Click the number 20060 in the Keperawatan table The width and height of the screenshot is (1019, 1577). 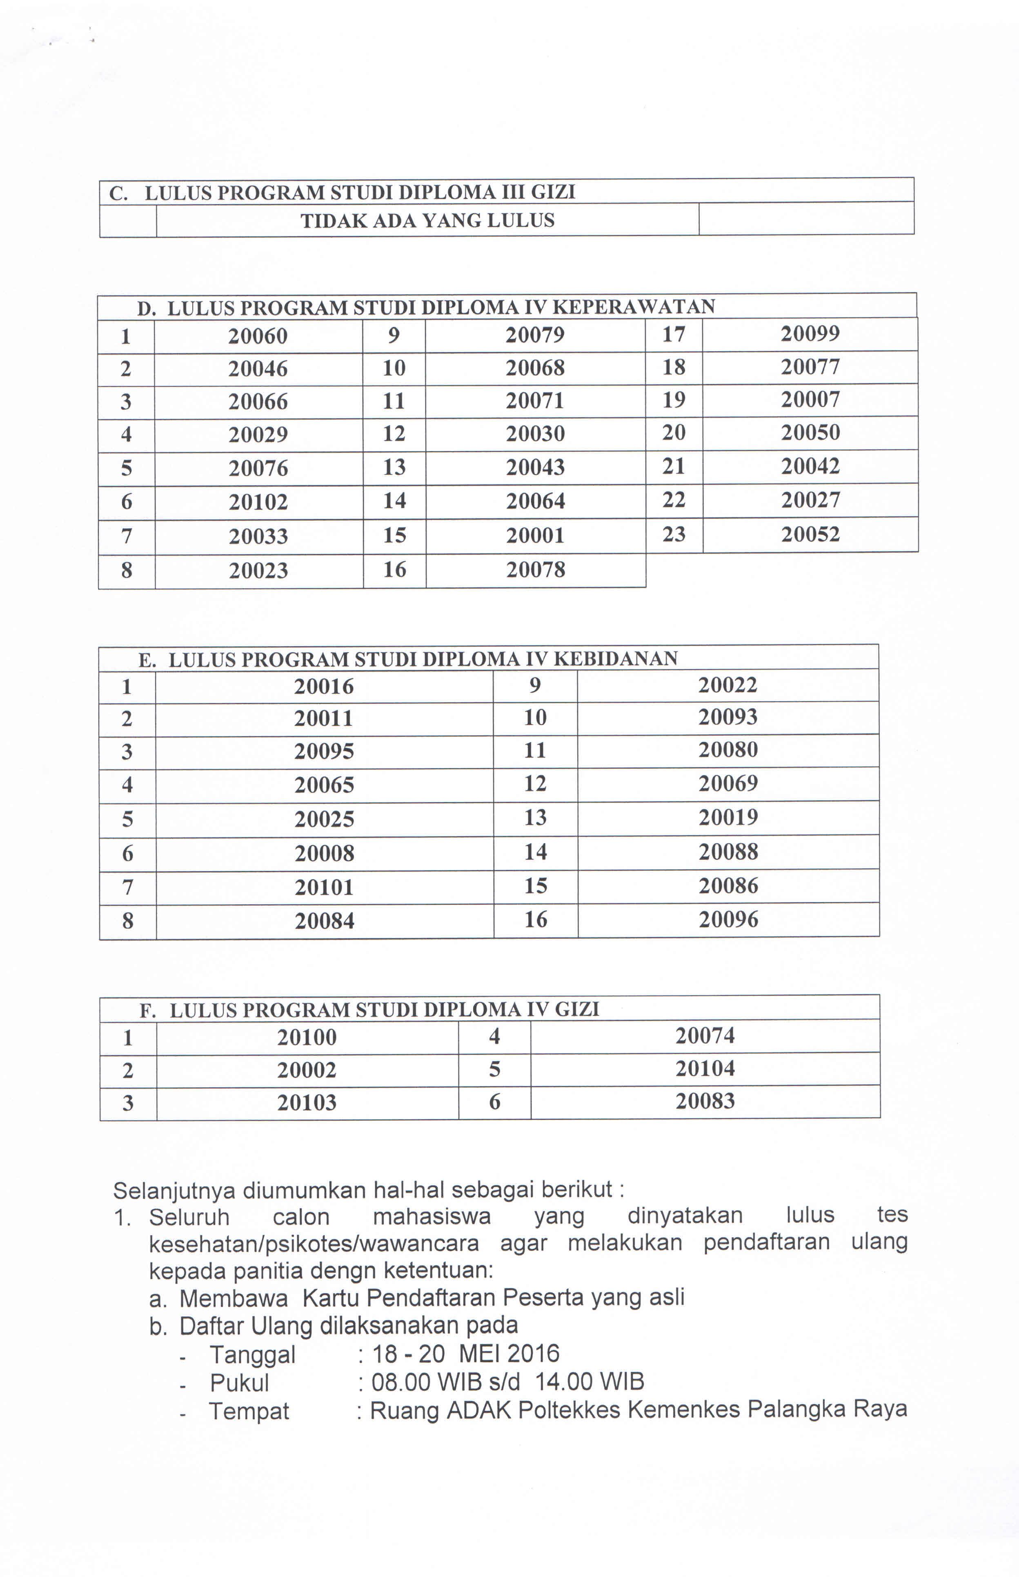[258, 336]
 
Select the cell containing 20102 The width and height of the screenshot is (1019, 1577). [258, 502]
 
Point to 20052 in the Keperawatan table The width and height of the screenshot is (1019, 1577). [810, 534]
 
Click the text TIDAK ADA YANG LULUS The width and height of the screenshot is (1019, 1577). [427, 221]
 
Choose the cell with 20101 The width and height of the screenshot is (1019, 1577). [324, 887]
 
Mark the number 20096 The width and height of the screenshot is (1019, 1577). [728, 919]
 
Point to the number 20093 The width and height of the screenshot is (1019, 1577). [728, 717]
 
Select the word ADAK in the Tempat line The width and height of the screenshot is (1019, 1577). [479, 1411]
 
